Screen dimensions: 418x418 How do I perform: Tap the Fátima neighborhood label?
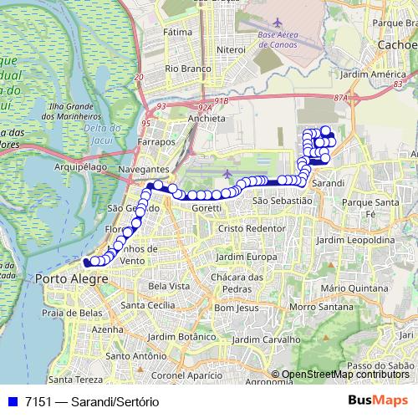click(x=178, y=32)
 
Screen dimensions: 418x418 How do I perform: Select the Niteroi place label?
click(x=230, y=49)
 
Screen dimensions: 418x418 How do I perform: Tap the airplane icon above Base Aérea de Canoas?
click(x=277, y=21)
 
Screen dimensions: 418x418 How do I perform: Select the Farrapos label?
click(x=159, y=142)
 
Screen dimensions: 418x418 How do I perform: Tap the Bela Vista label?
click(x=167, y=286)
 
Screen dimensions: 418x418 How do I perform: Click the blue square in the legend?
click(x=11, y=401)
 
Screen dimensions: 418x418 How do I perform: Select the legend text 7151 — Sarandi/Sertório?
click(x=92, y=401)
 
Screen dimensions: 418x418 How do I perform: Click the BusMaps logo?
click(x=377, y=400)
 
